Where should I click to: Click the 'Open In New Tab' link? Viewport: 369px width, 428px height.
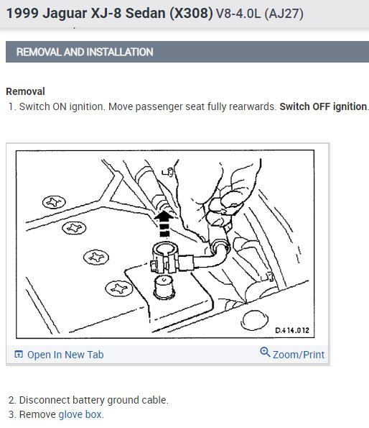(x=65, y=355)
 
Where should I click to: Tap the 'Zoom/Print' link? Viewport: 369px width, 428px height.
(x=299, y=355)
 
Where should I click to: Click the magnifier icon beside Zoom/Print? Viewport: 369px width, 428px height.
(x=265, y=352)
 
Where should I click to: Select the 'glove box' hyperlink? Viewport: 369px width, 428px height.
(x=80, y=414)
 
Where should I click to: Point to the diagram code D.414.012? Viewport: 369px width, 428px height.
(x=292, y=330)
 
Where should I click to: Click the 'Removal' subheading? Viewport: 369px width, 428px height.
(x=25, y=91)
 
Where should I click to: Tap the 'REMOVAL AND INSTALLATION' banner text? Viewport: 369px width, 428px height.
(x=85, y=52)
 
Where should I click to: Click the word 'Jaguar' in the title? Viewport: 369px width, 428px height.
(x=65, y=13)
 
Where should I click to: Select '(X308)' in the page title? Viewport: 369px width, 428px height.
(x=191, y=13)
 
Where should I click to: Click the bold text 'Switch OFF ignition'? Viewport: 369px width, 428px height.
(x=323, y=106)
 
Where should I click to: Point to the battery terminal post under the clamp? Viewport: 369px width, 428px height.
(x=164, y=287)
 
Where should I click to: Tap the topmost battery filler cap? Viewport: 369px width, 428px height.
(x=54, y=202)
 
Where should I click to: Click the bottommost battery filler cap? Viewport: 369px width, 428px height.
(x=119, y=288)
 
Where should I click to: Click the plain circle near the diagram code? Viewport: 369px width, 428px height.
(x=254, y=320)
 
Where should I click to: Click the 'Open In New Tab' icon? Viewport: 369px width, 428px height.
(x=19, y=354)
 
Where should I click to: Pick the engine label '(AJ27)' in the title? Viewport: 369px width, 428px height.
(x=284, y=14)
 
